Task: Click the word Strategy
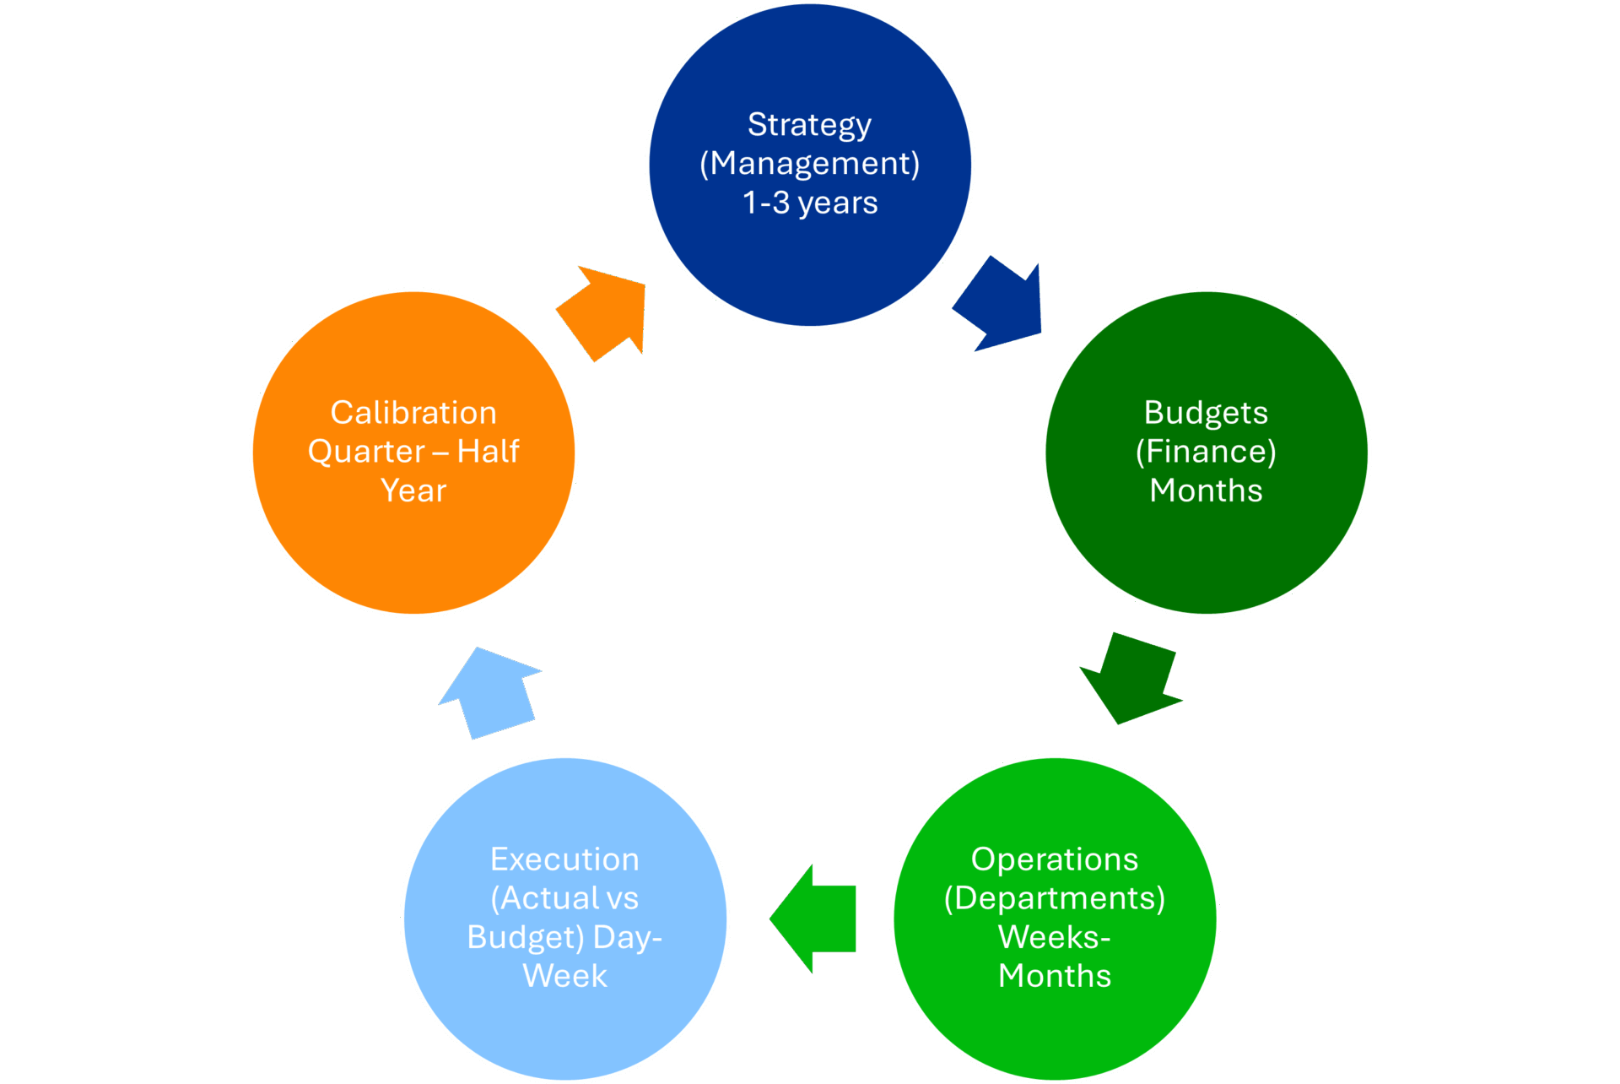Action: (809, 125)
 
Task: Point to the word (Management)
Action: (809, 164)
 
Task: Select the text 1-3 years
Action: (810, 203)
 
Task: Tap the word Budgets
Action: (1206, 413)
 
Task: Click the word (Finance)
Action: (1206, 452)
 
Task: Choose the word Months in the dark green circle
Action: (1206, 491)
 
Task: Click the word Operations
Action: (1055, 859)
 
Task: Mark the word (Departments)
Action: (1055, 898)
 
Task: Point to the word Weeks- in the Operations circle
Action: (1055, 937)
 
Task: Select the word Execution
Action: (564, 859)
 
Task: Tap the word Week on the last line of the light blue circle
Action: (564, 976)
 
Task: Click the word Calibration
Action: (413, 413)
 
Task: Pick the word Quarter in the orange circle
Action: (366, 452)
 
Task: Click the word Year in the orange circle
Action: (413, 491)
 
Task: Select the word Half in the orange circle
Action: (488, 452)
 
